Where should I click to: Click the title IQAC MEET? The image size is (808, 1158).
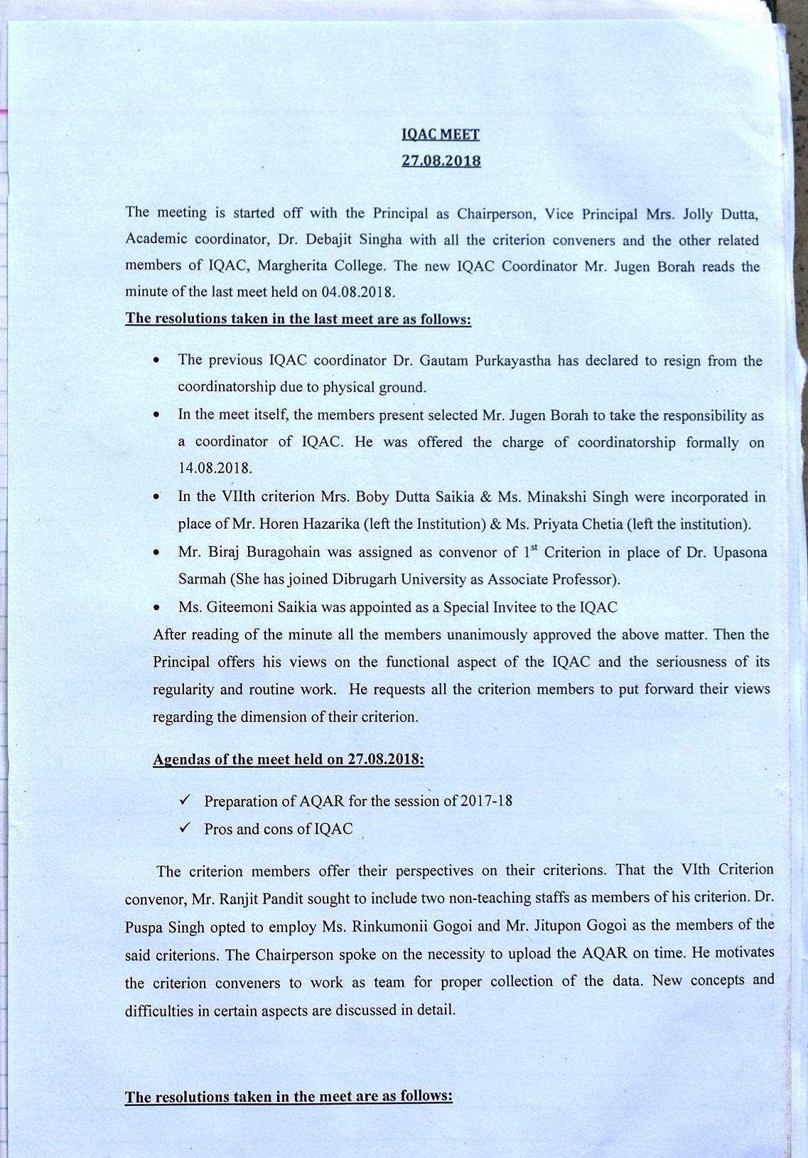click(x=440, y=133)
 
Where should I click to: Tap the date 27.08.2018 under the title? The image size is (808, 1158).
click(x=441, y=161)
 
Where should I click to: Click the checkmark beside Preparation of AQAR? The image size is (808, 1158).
click(x=184, y=800)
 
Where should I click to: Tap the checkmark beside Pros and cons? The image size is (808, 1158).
click(x=184, y=828)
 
